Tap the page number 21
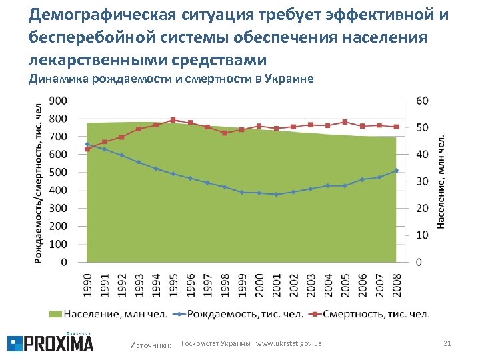[447, 343]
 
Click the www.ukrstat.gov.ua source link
[289, 343]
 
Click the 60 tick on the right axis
[422, 101]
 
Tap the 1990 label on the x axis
[87, 283]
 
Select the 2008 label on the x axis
[397, 283]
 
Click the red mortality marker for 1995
[173, 120]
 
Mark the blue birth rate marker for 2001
[276, 195]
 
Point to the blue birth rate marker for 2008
[397, 171]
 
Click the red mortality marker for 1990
[87, 149]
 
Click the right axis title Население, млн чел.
[441, 180]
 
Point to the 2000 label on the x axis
[259, 283]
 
